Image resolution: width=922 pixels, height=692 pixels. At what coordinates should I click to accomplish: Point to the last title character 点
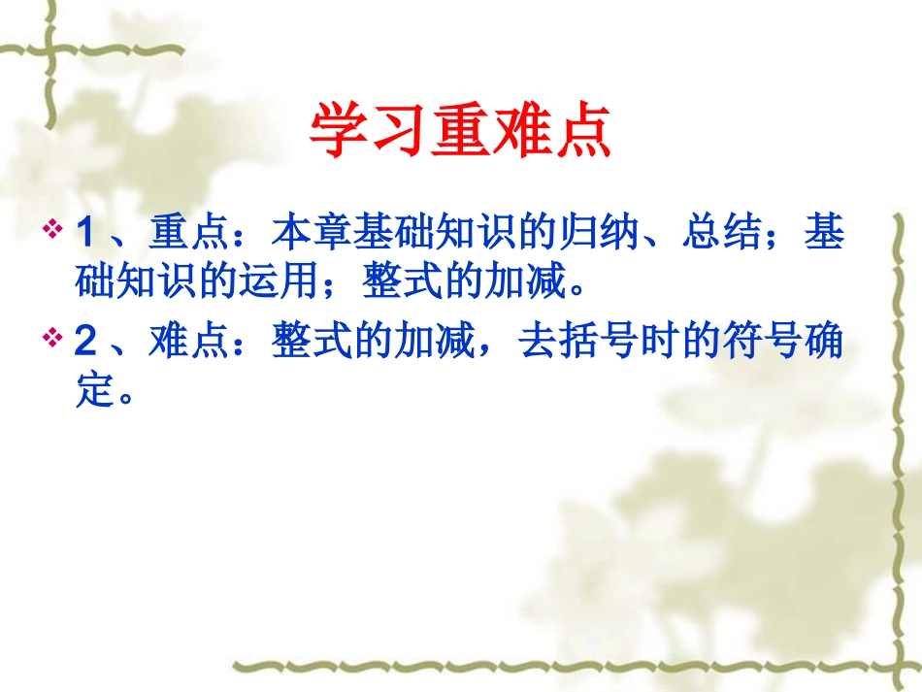(x=581, y=131)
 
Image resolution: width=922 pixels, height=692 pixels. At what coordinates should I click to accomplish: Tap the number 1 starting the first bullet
(x=85, y=234)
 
